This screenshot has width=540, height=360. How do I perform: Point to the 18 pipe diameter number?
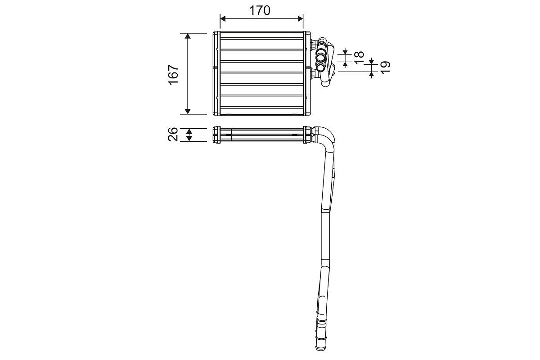359,57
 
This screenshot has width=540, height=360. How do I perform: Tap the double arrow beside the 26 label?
189,134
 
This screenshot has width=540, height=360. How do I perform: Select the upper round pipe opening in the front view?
321,57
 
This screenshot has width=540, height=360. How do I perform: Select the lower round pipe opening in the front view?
321,68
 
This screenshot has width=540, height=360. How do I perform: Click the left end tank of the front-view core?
216,73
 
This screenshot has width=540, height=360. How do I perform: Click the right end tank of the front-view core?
307,73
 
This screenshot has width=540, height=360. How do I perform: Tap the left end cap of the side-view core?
216,134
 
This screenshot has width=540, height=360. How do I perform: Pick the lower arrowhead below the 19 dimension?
371,74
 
